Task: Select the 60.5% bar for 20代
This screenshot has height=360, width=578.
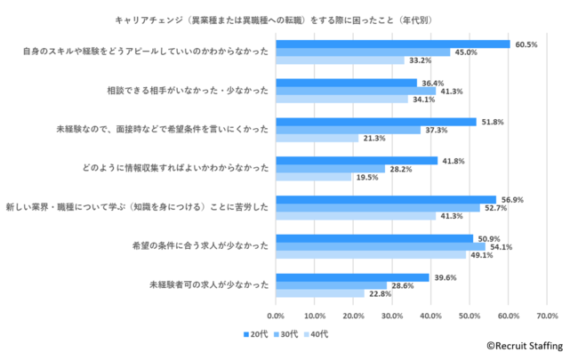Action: click(392, 44)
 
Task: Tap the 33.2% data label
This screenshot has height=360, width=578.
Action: click(419, 60)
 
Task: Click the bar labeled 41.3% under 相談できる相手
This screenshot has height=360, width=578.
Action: click(356, 92)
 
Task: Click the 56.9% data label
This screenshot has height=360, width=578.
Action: click(512, 199)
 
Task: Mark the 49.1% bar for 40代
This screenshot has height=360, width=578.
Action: click(370, 255)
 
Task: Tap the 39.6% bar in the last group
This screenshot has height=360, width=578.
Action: click(352, 276)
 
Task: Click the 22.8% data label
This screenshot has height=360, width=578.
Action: click(379, 294)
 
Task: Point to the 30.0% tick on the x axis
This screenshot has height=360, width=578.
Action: click(392, 316)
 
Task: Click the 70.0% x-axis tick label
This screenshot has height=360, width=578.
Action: click(547, 316)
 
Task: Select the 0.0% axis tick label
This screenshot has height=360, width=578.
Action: click(276, 316)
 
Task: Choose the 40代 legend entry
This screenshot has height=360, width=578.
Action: click(316, 334)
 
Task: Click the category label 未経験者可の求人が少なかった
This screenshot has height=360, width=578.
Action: click(205, 285)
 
